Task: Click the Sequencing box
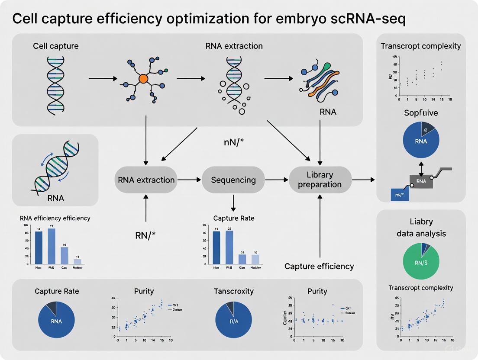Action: point(233,180)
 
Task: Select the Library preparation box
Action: point(320,180)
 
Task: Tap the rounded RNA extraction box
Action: point(146,180)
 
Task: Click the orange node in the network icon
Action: point(143,79)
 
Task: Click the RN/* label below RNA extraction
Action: point(146,236)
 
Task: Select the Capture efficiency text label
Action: point(319,266)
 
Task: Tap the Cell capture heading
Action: point(55,46)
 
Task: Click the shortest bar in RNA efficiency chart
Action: point(78,261)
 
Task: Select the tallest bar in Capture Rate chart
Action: point(229,247)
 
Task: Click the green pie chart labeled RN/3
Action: point(421,260)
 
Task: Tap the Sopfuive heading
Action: point(421,113)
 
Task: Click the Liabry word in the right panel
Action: point(421,222)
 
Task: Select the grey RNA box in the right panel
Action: point(421,181)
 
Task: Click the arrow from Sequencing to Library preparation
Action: point(277,180)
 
